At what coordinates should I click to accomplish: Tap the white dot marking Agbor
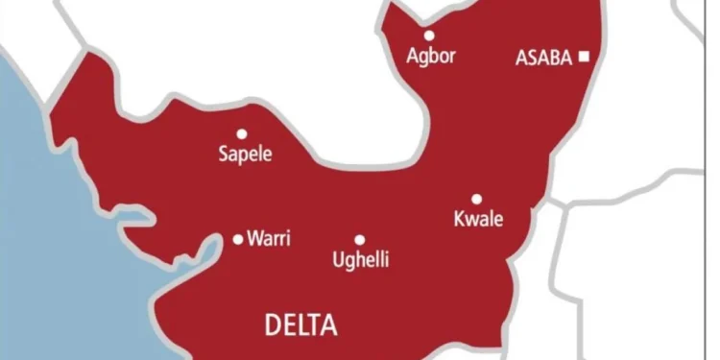[429, 36]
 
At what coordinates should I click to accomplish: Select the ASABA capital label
[544, 58]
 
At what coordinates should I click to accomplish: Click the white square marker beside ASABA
[583, 58]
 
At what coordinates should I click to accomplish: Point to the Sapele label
[246, 154]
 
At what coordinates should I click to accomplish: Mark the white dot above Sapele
[242, 134]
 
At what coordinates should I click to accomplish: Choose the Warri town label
[269, 238]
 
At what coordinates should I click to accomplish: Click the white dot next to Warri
[239, 239]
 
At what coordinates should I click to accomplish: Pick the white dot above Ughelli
[359, 240]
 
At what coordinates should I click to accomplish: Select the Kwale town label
[477, 219]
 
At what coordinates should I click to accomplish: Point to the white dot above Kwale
[476, 199]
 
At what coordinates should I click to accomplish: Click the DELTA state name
[301, 326]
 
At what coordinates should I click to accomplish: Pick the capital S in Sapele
[225, 154]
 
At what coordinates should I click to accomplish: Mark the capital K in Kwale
[458, 219]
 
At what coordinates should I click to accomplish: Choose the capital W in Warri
[254, 238]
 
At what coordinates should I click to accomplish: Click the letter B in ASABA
[555, 58]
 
